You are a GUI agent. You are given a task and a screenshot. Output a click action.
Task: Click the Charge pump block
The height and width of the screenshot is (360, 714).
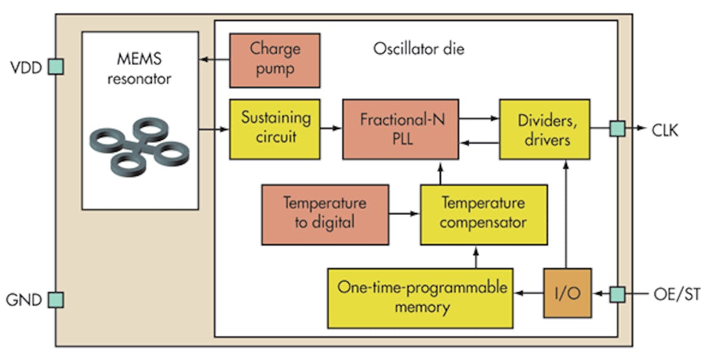pyautogui.click(x=275, y=60)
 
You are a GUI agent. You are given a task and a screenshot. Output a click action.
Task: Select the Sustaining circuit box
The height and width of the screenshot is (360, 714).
pyautogui.click(x=275, y=129)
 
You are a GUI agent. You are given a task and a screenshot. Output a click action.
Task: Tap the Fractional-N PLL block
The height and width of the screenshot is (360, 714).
pyautogui.click(x=400, y=129)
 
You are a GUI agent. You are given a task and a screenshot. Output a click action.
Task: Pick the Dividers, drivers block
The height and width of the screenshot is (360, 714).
pyautogui.click(x=545, y=129)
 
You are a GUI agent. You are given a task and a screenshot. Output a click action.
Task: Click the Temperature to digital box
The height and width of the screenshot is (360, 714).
pyautogui.click(x=325, y=214)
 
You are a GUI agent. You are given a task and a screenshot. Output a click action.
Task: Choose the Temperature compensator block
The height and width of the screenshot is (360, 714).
pyautogui.click(x=483, y=214)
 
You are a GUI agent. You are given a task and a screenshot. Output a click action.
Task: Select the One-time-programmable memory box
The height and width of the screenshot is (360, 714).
pyautogui.click(x=420, y=298)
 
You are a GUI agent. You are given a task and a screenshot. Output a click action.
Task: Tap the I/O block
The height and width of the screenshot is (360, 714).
pyautogui.click(x=567, y=293)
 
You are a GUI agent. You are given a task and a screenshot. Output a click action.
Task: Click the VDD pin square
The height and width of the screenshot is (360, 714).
pyautogui.click(x=56, y=67)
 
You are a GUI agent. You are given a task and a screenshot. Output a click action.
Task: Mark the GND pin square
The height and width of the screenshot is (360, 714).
pyautogui.click(x=56, y=300)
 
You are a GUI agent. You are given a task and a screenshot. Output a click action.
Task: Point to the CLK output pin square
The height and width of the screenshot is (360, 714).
pyautogui.click(x=618, y=129)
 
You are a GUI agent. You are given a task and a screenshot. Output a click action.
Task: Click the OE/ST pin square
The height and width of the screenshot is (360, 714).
pyautogui.click(x=618, y=293)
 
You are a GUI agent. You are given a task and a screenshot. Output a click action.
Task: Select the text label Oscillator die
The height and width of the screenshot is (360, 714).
pyautogui.click(x=418, y=49)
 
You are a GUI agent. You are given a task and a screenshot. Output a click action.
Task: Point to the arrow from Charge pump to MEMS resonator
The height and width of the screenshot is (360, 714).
pyautogui.click(x=214, y=60)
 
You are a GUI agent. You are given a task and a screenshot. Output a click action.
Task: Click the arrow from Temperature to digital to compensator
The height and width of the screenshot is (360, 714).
pyautogui.click(x=405, y=213)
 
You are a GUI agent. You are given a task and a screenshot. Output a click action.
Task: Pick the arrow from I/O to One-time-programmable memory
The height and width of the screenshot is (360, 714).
pyautogui.click(x=528, y=293)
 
